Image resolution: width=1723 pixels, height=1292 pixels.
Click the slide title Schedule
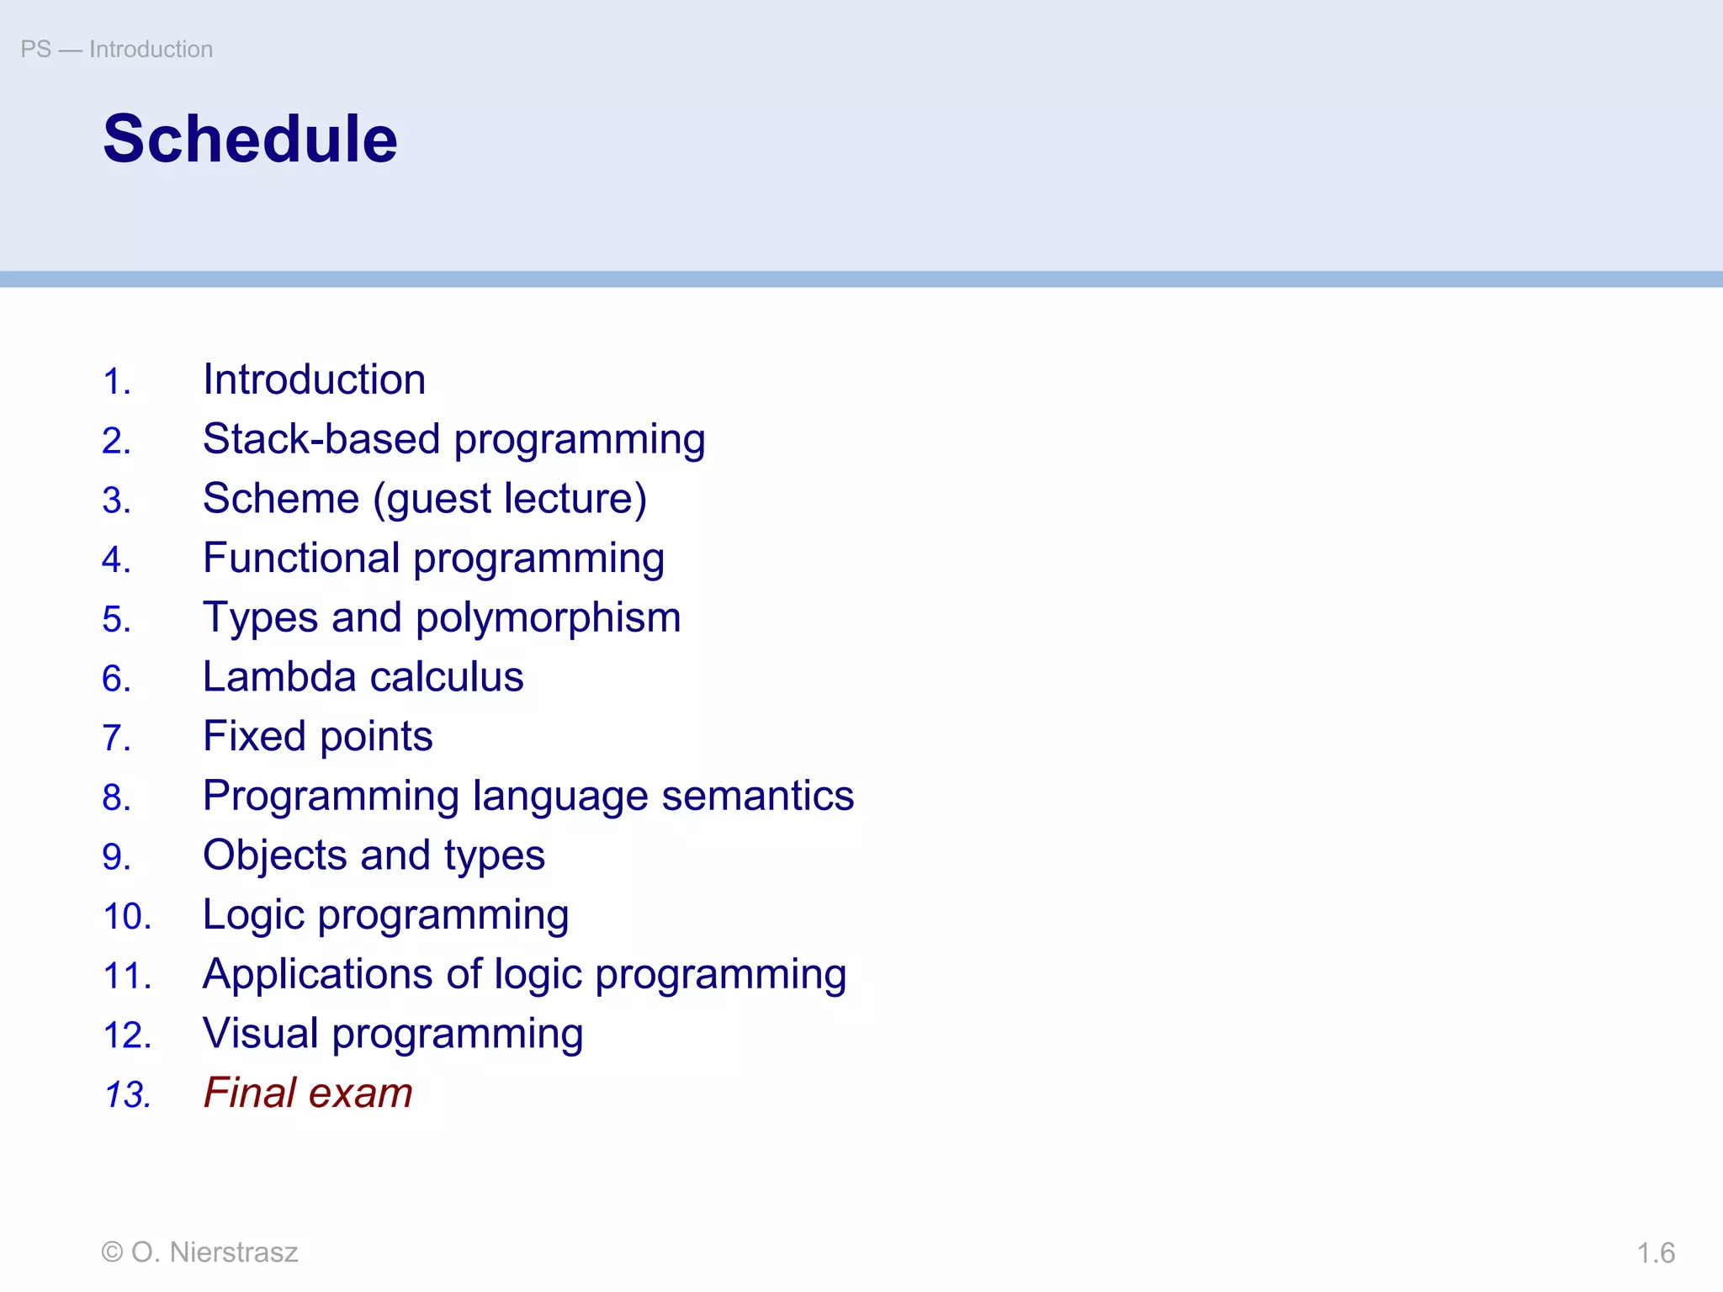point(250,140)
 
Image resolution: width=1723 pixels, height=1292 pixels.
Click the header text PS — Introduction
point(116,50)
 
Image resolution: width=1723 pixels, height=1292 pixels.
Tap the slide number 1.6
point(1655,1253)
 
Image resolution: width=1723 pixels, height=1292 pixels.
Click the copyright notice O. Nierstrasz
point(199,1252)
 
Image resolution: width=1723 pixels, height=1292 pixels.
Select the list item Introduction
point(314,380)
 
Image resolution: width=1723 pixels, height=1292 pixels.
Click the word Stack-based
point(321,439)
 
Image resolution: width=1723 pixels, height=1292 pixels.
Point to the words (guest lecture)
point(510,499)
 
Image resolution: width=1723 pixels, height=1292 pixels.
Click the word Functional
point(301,559)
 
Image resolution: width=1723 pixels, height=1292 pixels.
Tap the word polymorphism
point(548,618)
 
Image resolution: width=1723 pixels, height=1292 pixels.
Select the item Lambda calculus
point(363,677)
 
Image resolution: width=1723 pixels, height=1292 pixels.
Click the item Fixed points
point(317,737)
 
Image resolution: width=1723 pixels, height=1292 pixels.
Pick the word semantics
point(757,797)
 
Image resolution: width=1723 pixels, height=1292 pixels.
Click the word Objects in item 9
point(274,856)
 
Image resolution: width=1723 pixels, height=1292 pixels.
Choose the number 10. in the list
point(127,917)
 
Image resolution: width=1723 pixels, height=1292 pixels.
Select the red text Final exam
point(308,1093)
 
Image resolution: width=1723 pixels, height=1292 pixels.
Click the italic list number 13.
point(127,1095)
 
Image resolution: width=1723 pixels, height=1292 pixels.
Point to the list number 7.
point(116,739)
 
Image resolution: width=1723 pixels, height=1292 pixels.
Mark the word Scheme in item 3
point(281,499)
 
